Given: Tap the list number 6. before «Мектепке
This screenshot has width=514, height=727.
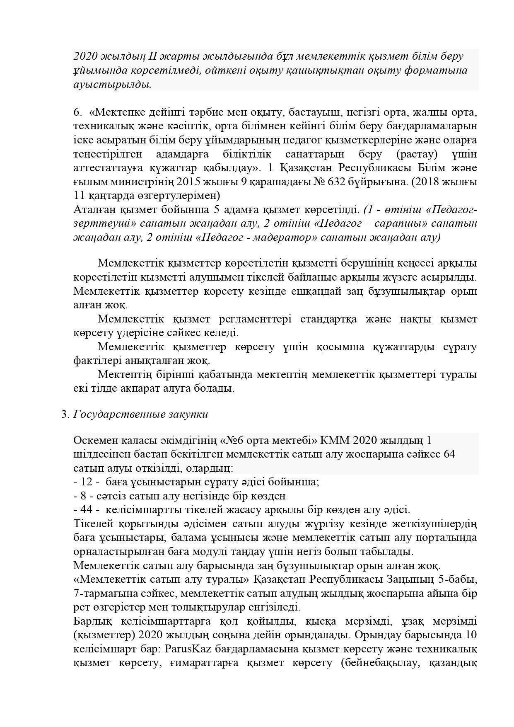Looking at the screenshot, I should (x=77, y=112).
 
